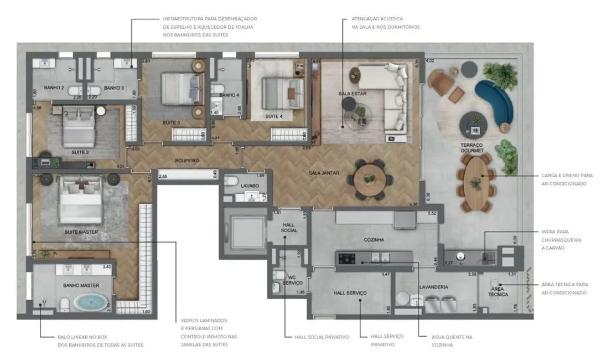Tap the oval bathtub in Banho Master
(x=92, y=303)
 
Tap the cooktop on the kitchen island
(x=348, y=258)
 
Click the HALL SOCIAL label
(x=289, y=227)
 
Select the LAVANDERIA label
(x=433, y=287)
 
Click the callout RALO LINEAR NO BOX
(x=100, y=341)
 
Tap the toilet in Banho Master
(x=64, y=304)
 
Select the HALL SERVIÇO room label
(x=350, y=292)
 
